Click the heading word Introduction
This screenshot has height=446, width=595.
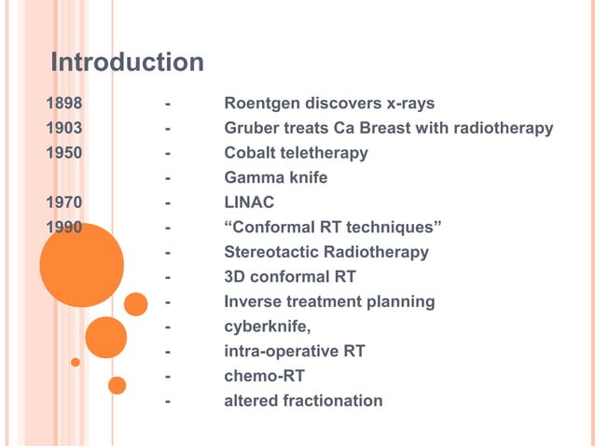pos(127,63)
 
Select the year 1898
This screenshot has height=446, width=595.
pos(65,103)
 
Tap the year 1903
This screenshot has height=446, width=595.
pos(65,128)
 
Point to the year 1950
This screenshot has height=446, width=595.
pos(65,152)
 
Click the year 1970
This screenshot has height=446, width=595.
pos(65,202)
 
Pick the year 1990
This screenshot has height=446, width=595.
pos(65,227)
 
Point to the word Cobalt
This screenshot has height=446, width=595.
pos(251,152)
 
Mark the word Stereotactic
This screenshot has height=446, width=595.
pos(272,252)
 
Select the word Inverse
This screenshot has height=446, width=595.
pos(252,301)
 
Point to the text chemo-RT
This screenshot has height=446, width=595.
pos(264,376)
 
